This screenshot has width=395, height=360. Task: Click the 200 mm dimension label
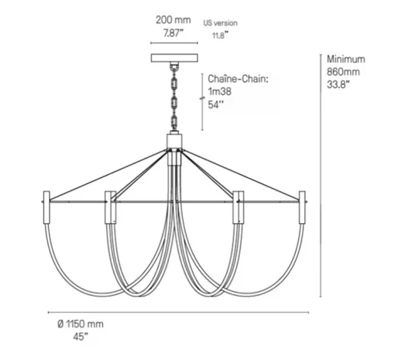173,20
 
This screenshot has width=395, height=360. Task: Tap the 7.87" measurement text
173,33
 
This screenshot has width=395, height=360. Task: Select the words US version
220,23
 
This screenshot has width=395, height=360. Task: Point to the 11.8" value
220,35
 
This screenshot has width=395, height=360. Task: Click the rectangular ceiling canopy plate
174,58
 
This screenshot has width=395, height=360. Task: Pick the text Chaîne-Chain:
239,79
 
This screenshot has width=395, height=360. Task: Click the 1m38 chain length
219,91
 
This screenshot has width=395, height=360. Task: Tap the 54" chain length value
216,105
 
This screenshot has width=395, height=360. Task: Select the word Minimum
346,59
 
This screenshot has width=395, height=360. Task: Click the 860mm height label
343,72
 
